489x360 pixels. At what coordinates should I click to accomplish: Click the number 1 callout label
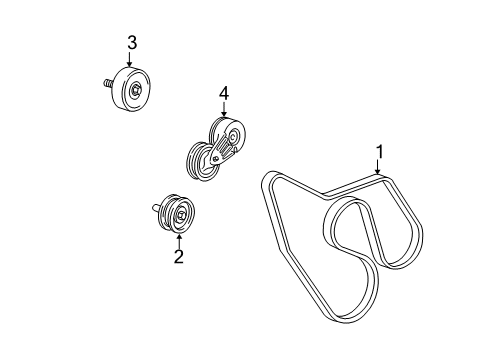click(379, 152)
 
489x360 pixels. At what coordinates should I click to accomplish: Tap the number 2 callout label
click(179, 257)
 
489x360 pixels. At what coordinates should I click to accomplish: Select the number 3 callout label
click(130, 41)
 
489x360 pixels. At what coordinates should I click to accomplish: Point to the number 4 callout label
click(224, 94)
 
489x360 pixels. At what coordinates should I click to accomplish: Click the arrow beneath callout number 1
click(379, 170)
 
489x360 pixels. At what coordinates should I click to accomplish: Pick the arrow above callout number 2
click(179, 238)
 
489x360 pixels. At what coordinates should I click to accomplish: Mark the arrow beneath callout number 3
click(130, 60)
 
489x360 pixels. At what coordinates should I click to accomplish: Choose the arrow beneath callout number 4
click(224, 112)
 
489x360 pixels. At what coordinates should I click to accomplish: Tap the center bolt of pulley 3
click(135, 91)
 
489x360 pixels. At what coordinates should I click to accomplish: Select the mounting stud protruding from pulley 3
click(105, 85)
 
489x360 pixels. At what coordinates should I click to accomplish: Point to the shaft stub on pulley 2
click(157, 208)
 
